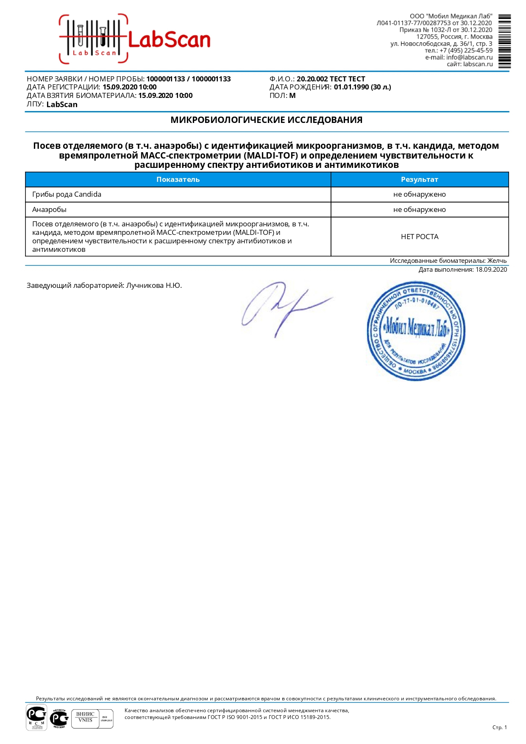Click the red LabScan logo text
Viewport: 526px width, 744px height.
(169, 40)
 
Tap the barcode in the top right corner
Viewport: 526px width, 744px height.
(504, 41)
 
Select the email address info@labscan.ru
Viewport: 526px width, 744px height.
(469, 57)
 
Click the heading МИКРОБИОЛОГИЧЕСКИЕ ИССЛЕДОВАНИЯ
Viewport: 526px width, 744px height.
(266, 120)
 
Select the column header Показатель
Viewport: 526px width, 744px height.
(178, 179)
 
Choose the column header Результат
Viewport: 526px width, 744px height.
(419, 179)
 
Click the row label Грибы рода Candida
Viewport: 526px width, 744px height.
(67, 195)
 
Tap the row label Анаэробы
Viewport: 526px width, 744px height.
(49, 209)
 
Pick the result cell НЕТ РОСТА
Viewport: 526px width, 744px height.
(419, 237)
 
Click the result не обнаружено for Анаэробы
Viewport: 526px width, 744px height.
(419, 209)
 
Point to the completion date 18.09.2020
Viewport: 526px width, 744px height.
(491, 270)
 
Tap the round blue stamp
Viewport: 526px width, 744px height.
(416, 331)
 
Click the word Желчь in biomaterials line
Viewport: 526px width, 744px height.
(497, 261)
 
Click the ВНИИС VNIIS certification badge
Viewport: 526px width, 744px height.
(85, 717)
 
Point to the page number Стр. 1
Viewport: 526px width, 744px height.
(499, 727)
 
